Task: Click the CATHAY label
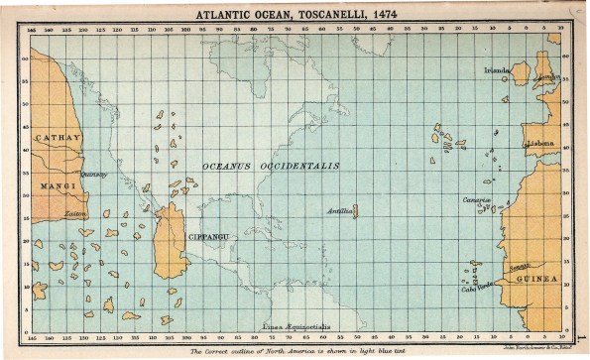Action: [56, 139]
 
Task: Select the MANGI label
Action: [52, 185]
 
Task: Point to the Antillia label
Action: [339, 211]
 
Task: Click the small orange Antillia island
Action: [355, 211]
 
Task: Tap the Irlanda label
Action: [495, 70]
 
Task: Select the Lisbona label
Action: [541, 143]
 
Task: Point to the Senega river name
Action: [520, 267]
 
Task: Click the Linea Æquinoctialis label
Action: [292, 325]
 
